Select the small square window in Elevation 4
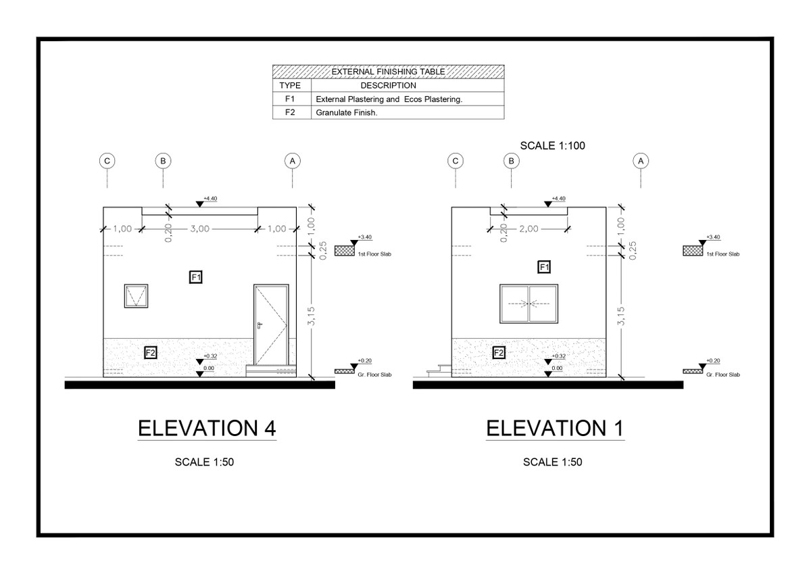[136, 296]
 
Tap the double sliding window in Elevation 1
[529, 304]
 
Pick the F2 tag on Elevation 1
[499, 353]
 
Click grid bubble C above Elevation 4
[107, 161]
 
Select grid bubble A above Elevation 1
[641, 161]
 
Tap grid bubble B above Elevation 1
[512, 161]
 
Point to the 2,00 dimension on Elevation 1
[529, 229]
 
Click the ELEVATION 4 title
[207, 429]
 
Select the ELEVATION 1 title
[555, 429]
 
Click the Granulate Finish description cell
[347, 113]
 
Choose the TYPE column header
[290, 86]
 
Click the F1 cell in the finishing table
[290, 99]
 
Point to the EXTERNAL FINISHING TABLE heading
[388, 71]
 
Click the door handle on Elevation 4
[259, 325]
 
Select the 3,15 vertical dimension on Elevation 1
[620, 315]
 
